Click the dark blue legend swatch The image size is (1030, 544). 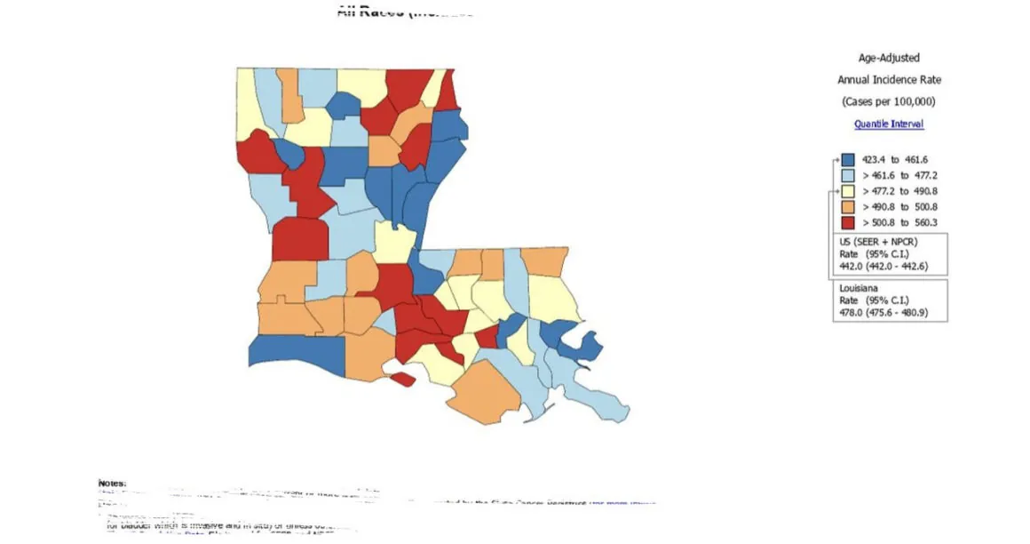(x=847, y=160)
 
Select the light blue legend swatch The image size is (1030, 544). (x=847, y=175)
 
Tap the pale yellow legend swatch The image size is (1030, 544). (x=847, y=191)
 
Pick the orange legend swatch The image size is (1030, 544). (x=847, y=207)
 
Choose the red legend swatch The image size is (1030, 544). (x=847, y=223)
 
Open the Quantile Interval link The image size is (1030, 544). (x=889, y=124)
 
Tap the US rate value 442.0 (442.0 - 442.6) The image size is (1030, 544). (x=884, y=266)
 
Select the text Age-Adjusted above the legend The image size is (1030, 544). (x=889, y=58)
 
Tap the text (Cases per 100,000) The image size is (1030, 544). (x=889, y=101)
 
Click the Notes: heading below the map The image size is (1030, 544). (x=112, y=483)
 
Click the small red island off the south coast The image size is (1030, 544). (x=401, y=380)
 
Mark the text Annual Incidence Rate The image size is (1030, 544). (x=889, y=80)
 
